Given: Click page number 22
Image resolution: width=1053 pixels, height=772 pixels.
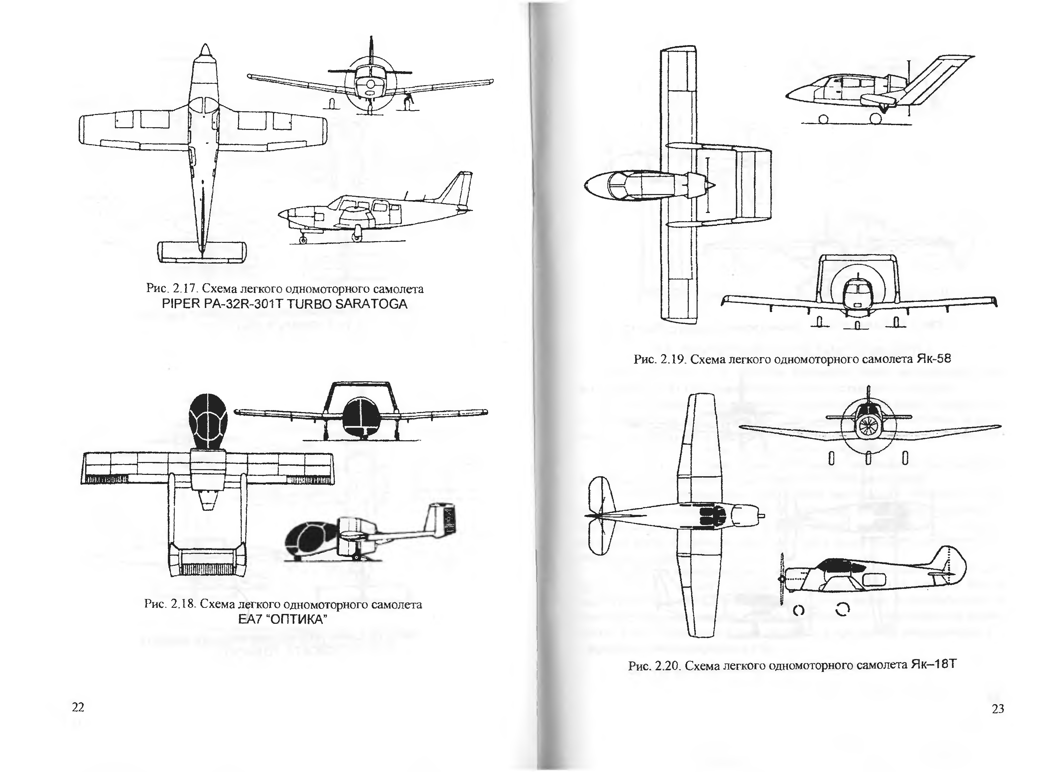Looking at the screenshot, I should click(78, 707).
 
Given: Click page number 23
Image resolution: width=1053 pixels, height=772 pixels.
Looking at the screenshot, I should click(997, 709).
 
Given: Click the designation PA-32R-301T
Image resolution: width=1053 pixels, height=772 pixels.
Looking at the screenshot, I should click(242, 304).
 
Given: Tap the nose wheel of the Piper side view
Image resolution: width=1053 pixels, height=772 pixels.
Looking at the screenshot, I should click(303, 240).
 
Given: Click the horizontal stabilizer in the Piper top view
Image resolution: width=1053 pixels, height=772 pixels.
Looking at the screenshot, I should click(202, 252).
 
